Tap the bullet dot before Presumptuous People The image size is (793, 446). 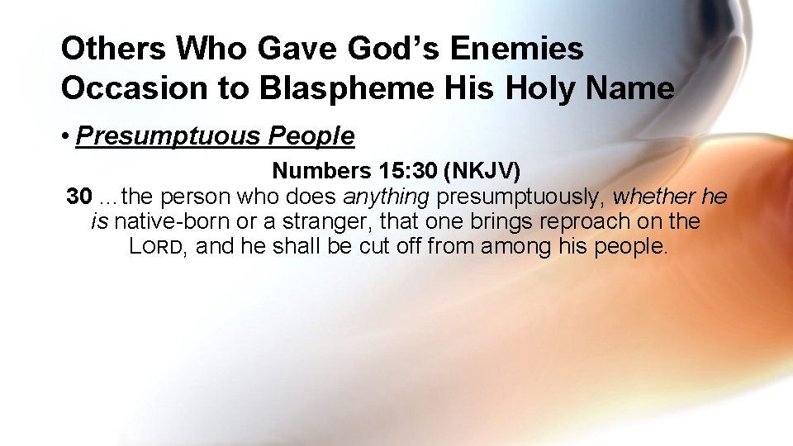tap(65, 136)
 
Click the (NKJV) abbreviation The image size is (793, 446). tap(482, 171)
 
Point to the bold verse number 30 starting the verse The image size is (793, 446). tap(78, 197)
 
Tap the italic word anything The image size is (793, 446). tap(386, 197)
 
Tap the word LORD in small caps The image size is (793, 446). tap(156, 246)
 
